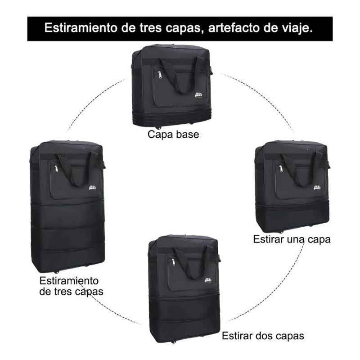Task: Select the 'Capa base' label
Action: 173,135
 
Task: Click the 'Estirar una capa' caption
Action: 297,239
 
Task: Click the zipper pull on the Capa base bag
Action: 159,73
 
